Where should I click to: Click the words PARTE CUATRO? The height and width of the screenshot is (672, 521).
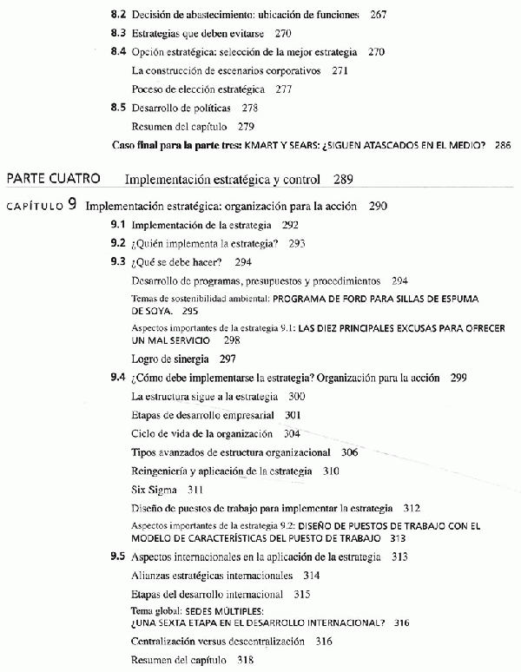coord(52,180)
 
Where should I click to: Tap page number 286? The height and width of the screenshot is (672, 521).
coord(501,144)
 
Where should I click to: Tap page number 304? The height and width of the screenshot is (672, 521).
coord(292,433)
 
